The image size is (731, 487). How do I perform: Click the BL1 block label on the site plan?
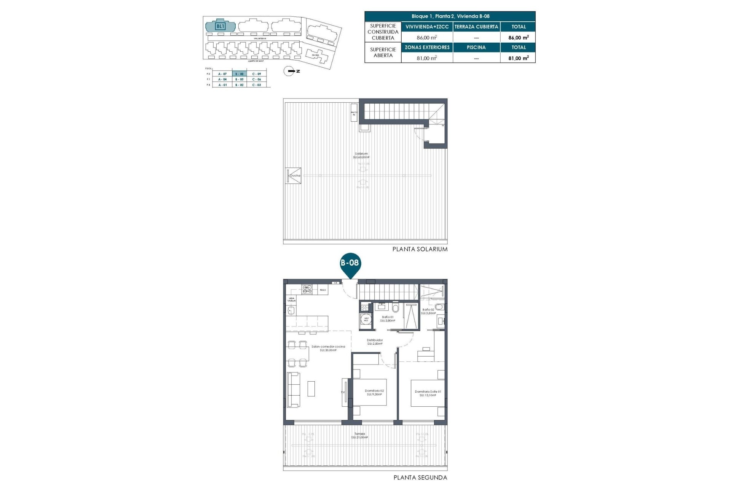(x=220, y=26)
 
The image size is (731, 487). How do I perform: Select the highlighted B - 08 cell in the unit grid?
(x=239, y=74)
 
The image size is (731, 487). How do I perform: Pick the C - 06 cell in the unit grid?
(x=257, y=80)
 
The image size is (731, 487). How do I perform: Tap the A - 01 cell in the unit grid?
(x=222, y=85)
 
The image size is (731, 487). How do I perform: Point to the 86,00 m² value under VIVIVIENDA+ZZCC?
(x=427, y=37)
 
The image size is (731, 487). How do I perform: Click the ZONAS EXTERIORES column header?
(x=427, y=47)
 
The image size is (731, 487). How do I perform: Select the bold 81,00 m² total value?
(x=518, y=58)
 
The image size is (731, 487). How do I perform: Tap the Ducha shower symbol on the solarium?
(x=294, y=176)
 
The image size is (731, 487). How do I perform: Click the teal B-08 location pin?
(x=350, y=264)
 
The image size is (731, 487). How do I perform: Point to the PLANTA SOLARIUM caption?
(x=420, y=249)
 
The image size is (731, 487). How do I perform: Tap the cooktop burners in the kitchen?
(x=307, y=289)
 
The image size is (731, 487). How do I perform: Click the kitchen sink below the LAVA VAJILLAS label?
(x=291, y=310)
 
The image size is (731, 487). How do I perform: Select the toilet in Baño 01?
(x=396, y=307)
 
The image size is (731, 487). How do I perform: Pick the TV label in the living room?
(x=343, y=392)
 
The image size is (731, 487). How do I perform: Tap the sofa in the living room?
(x=294, y=390)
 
